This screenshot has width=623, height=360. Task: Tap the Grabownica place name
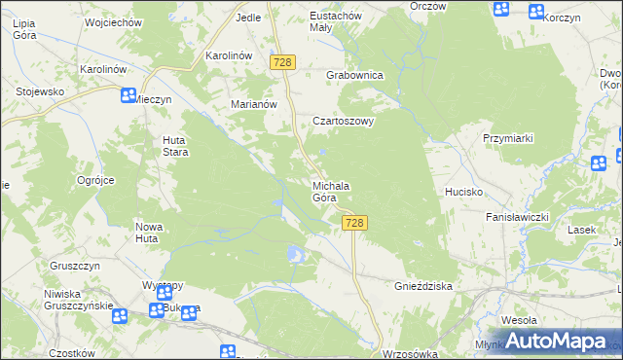(x=354, y=75)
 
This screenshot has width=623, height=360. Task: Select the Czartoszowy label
(x=342, y=122)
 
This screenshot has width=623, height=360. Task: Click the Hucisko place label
(x=464, y=192)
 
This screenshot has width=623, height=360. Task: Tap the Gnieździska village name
(x=423, y=287)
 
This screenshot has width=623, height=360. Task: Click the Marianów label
(x=254, y=104)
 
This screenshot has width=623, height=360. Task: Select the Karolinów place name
(x=229, y=55)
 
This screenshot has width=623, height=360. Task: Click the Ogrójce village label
(x=96, y=180)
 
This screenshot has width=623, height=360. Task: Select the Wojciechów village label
(x=113, y=20)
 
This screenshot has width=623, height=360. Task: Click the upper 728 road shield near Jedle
(x=283, y=62)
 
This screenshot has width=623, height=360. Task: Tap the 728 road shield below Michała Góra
(x=354, y=224)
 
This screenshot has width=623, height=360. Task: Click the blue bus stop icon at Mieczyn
(x=128, y=95)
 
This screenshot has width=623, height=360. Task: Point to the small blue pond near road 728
(x=294, y=255)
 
